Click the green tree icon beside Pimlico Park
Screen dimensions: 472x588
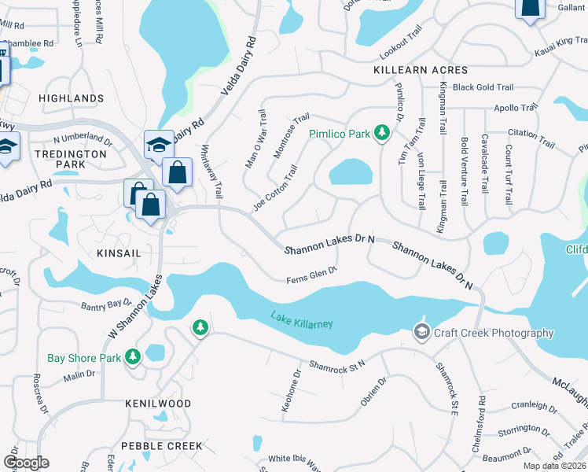tap(382, 133)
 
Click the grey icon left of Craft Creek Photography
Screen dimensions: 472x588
tap(422, 332)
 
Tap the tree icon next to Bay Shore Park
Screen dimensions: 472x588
tap(133, 357)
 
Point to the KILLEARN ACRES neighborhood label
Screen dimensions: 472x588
tap(421, 70)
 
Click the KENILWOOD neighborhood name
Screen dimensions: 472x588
tap(158, 403)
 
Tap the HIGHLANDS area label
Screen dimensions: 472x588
tap(71, 98)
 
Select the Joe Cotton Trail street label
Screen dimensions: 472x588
tap(275, 187)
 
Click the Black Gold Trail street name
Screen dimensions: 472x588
tap(483, 87)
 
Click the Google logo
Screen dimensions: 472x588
tap(26, 462)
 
